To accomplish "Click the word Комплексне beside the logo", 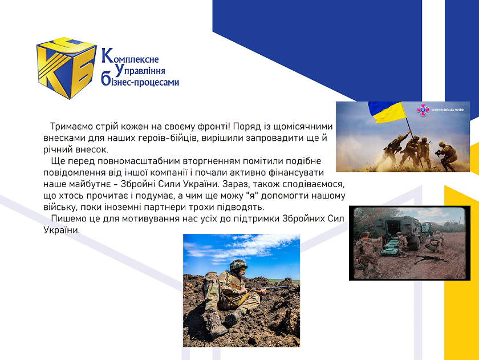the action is (130, 56).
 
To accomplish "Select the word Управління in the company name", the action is (140, 71).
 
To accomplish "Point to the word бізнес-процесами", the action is (140, 81).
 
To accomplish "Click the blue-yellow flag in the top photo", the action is (387, 112).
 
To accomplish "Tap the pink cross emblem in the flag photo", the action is (423, 110).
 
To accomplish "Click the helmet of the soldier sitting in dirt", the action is (238, 265).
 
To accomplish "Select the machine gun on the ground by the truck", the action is (429, 258).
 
